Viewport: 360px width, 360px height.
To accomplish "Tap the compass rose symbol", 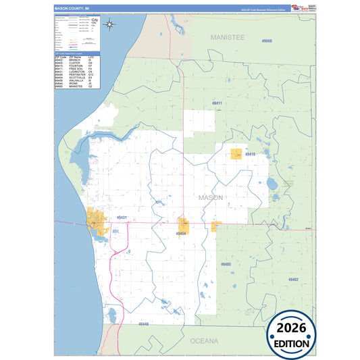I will tap(111, 26).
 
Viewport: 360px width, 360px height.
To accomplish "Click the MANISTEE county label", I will tap(227, 38).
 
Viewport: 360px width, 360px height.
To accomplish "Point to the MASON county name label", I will tap(210, 197).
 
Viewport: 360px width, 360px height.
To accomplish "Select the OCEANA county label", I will tap(204, 341).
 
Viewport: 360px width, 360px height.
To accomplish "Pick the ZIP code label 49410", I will tap(251, 155).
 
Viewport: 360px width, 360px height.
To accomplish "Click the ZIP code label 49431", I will tap(122, 217).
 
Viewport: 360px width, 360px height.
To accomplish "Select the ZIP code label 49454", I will tap(181, 233).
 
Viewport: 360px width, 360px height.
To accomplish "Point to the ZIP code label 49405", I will tap(226, 264).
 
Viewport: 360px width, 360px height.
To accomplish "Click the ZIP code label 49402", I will tap(293, 279).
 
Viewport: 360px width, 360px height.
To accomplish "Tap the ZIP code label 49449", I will tap(143, 324).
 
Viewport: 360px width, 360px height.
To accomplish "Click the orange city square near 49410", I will tap(236, 154).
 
